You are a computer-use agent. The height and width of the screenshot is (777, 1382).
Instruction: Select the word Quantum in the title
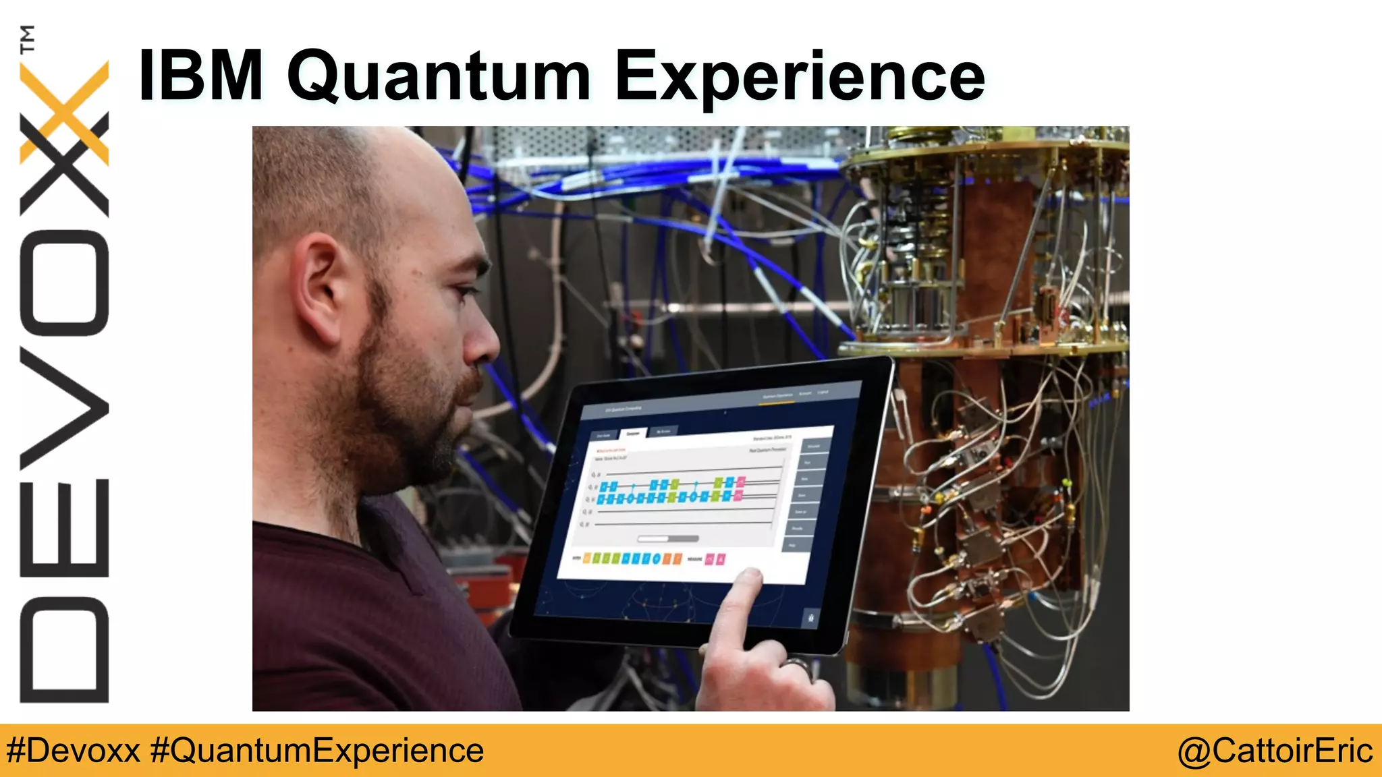[x=439, y=78]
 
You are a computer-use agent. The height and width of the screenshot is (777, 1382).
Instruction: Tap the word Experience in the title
[x=800, y=78]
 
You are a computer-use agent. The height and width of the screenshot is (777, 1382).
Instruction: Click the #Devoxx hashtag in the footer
[x=73, y=751]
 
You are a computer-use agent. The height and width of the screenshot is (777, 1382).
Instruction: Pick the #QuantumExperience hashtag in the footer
[x=317, y=751]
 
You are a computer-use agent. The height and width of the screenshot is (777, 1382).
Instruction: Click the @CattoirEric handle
[x=1275, y=751]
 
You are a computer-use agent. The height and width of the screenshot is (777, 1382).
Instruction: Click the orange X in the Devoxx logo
[x=65, y=111]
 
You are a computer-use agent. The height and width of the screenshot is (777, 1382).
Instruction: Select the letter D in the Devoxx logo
[x=65, y=650]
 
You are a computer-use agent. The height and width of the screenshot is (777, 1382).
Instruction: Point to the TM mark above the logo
[x=27, y=38]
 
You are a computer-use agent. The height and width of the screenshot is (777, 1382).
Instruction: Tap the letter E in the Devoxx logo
[x=65, y=527]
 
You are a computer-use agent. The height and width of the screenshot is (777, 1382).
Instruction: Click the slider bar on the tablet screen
[x=668, y=538]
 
